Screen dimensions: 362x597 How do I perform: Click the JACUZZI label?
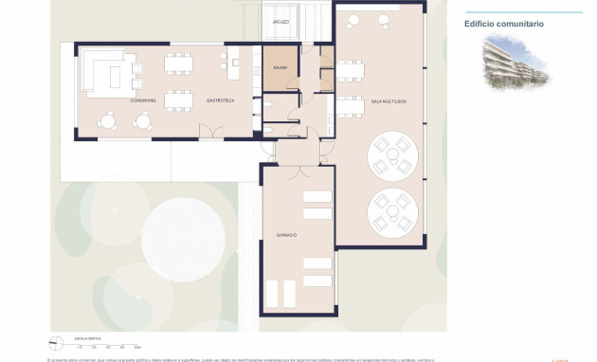click(x=280, y=21)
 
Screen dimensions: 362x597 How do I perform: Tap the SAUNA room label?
click(x=280, y=68)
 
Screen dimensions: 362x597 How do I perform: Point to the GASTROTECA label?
click(x=221, y=100)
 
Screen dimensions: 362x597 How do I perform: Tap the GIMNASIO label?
click(x=287, y=234)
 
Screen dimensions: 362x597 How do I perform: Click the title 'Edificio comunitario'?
click(x=504, y=24)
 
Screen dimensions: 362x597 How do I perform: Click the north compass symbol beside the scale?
click(x=56, y=344)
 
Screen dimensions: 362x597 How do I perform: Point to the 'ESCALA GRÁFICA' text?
click(x=88, y=338)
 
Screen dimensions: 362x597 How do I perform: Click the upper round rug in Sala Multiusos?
click(x=389, y=156)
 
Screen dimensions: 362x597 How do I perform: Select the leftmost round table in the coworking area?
click(x=108, y=120)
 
